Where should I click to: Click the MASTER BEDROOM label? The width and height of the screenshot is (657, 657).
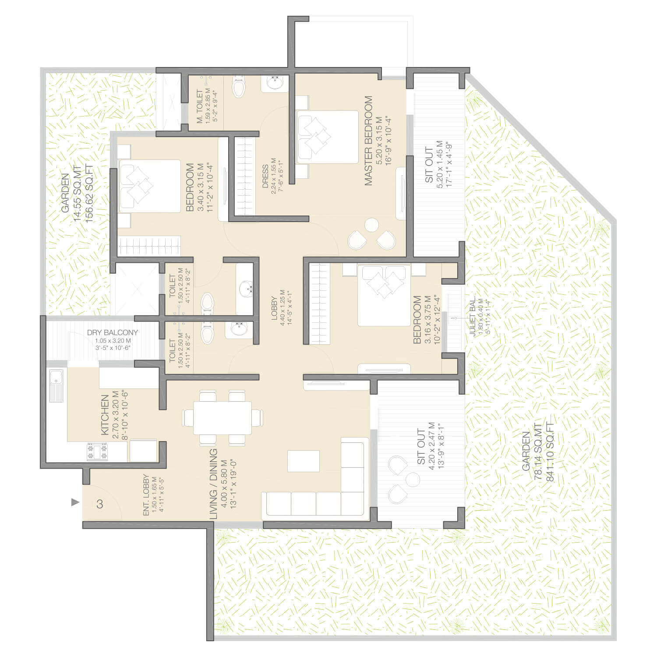pyautogui.click(x=368, y=141)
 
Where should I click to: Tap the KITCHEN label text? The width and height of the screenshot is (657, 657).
pyautogui.click(x=105, y=415)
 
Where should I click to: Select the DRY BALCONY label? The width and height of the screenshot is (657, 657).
pyautogui.click(x=113, y=333)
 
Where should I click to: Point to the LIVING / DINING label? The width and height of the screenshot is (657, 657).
pyautogui.click(x=213, y=484)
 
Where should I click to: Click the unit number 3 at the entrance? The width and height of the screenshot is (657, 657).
pyautogui.click(x=100, y=504)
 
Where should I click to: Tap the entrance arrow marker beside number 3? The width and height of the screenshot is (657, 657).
pyautogui.click(x=75, y=502)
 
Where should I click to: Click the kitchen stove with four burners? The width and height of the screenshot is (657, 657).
pyautogui.click(x=97, y=452)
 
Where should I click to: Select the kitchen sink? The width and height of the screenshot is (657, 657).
pyautogui.click(x=56, y=385)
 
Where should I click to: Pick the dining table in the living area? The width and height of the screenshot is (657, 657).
pyautogui.click(x=223, y=417)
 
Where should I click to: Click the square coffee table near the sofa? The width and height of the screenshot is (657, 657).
pyautogui.click(x=303, y=461)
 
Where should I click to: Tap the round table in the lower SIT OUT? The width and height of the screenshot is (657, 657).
pyautogui.click(x=413, y=480)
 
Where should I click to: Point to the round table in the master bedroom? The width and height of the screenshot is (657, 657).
pyautogui.click(x=371, y=225)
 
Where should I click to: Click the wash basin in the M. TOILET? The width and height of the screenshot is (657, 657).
pyautogui.click(x=275, y=83)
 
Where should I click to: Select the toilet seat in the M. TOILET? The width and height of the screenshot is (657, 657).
pyautogui.click(x=239, y=87)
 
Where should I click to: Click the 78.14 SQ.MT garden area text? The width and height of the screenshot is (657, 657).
pyautogui.click(x=538, y=452)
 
